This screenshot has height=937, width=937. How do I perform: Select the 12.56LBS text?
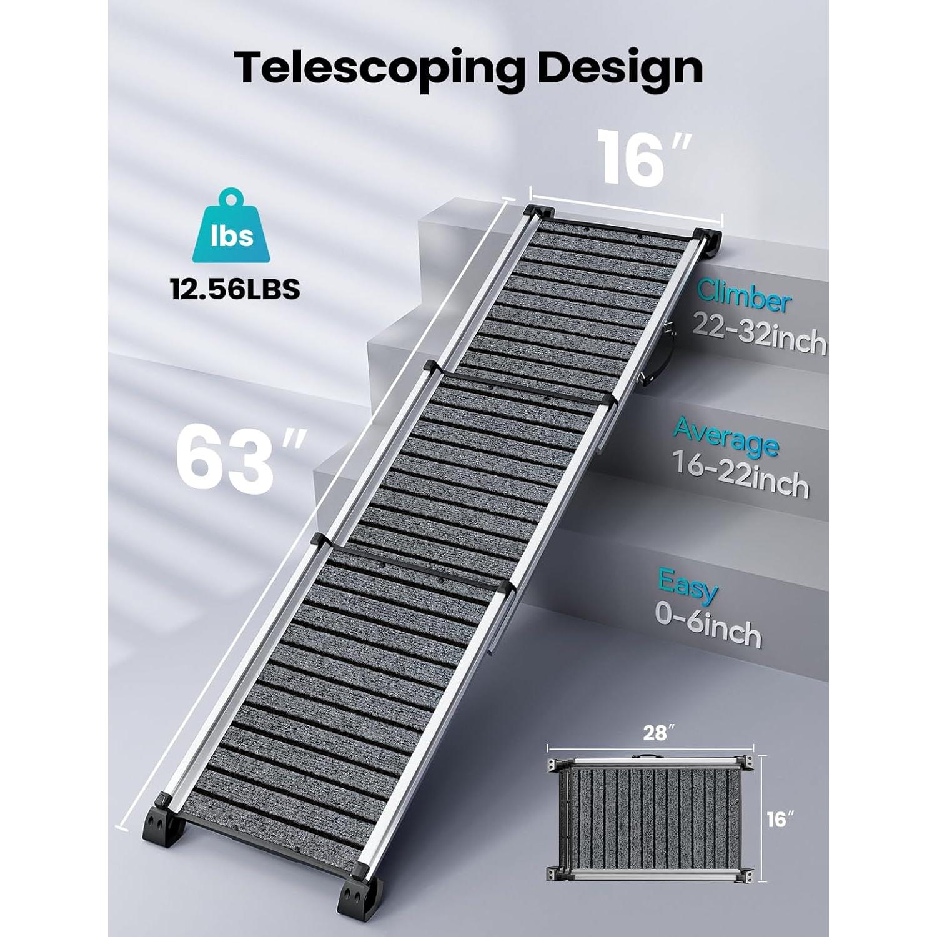[235, 289]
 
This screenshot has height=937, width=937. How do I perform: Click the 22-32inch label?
[759, 337]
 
